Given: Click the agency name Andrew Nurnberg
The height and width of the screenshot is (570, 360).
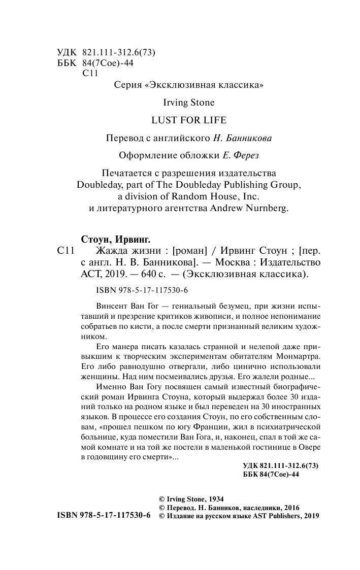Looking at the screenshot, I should coord(249,208).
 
